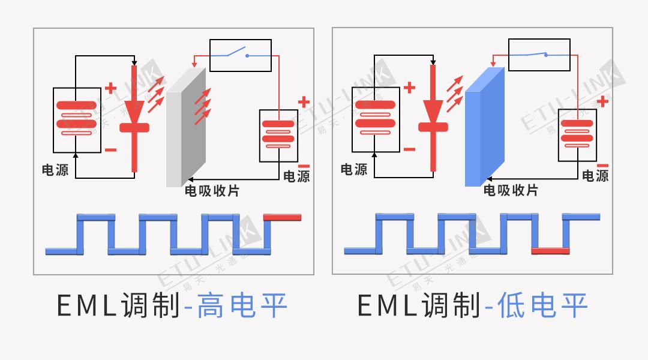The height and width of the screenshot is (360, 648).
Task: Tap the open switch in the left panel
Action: pyautogui.click(x=240, y=54)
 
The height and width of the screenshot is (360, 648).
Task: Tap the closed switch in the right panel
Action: pyautogui.click(x=539, y=54)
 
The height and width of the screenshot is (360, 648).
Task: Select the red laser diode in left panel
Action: pyautogui.click(x=134, y=117)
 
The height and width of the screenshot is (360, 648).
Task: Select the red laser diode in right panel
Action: pyautogui.click(x=433, y=117)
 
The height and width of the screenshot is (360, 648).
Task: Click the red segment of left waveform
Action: pyautogui.click(x=282, y=218)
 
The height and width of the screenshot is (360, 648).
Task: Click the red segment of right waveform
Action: pyautogui.click(x=550, y=250)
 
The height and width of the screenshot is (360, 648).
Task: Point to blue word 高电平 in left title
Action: pyautogui.click(x=242, y=306)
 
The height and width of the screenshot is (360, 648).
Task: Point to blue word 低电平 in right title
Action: pyautogui.click(x=542, y=306)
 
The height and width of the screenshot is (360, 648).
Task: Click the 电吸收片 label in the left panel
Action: pyautogui.click(x=211, y=191)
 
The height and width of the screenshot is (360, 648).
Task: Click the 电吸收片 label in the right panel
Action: pyautogui.click(x=511, y=191)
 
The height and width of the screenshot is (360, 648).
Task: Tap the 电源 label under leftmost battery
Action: pyautogui.click(x=55, y=170)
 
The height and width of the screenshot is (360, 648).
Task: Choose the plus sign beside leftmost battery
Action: pyautogui.click(x=110, y=88)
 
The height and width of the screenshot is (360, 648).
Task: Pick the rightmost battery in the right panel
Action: pyautogui.click(x=577, y=135)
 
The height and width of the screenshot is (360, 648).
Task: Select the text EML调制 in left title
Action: pyautogui.click(x=118, y=306)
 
